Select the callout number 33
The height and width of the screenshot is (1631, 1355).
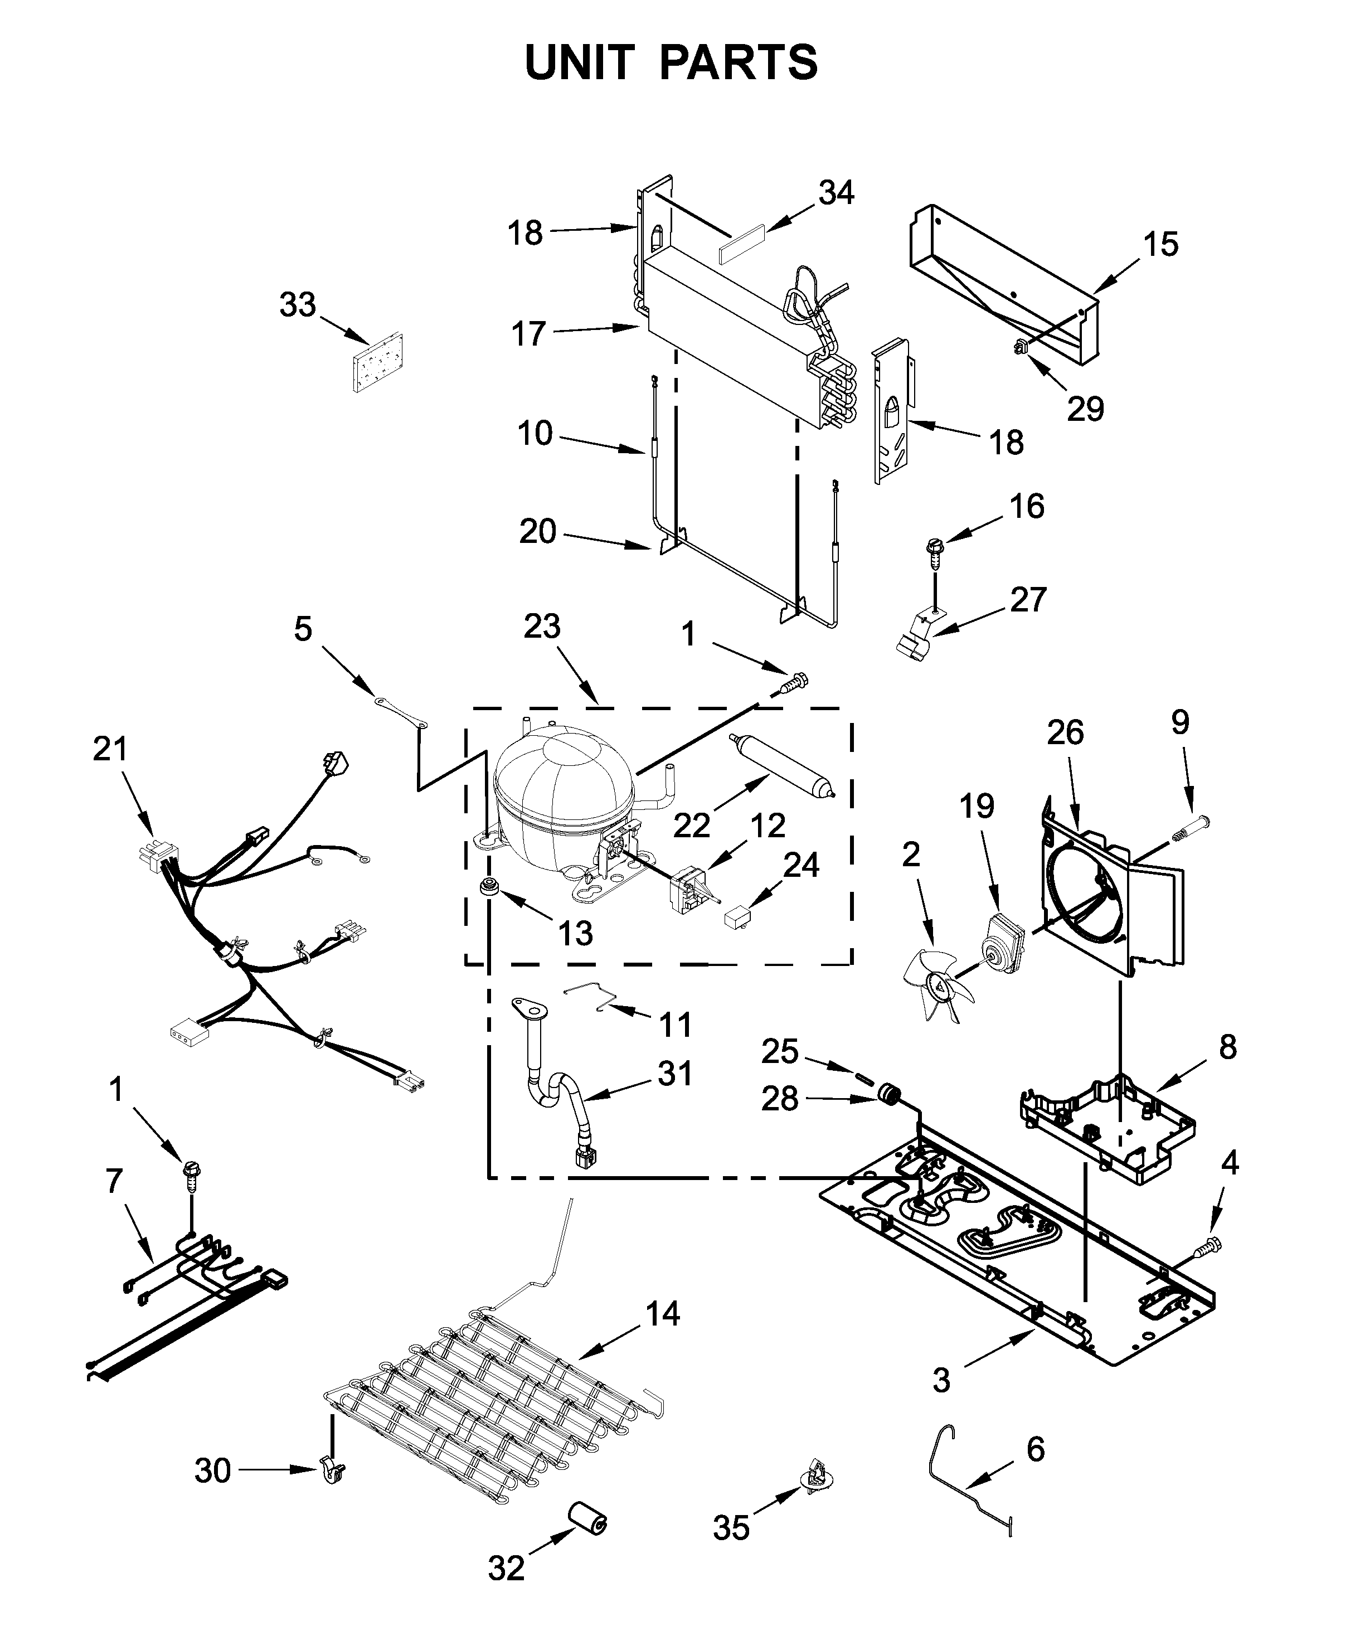click(x=298, y=305)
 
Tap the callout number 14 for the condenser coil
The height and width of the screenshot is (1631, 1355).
click(x=662, y=1313)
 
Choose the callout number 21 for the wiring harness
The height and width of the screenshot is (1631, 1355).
click(x=109, y=750)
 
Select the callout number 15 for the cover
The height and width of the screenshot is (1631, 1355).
click(x=1160, y=244)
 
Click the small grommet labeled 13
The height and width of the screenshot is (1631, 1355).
click(x=489, y=887)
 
